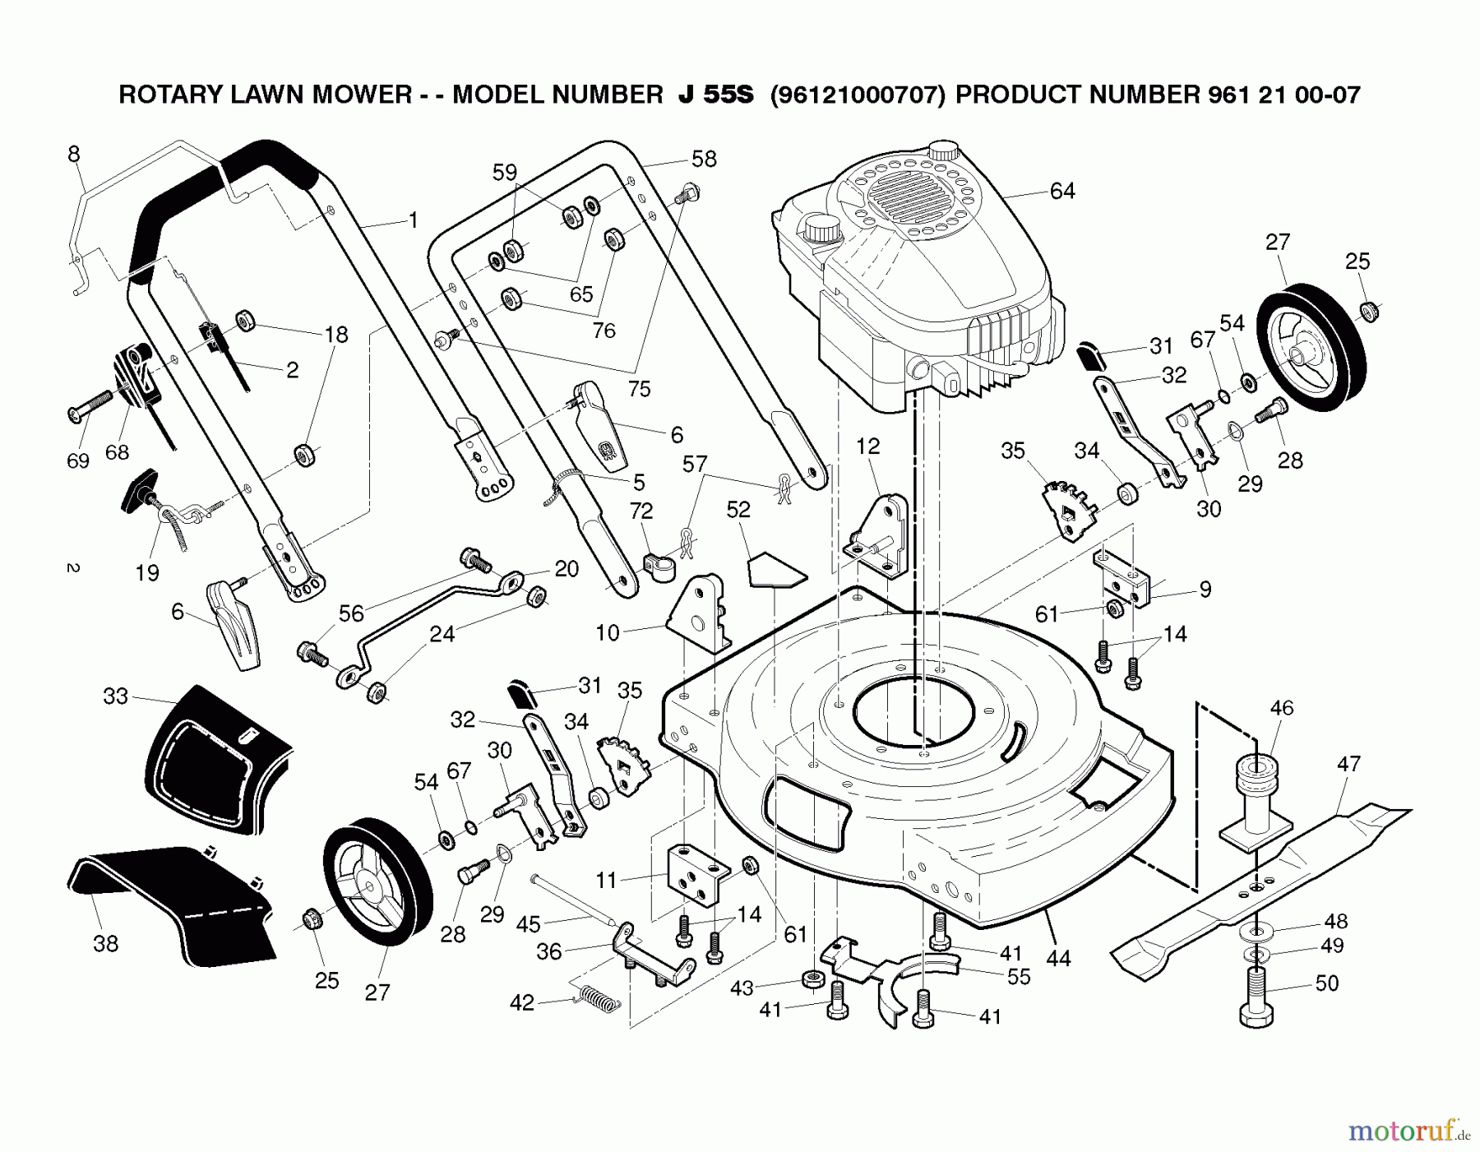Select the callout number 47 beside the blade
coord(1348,764)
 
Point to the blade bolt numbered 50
coord(1256,998)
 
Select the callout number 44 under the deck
coord(1058,958)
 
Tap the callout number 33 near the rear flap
coord(116,696)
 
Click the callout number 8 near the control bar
coord(74,154)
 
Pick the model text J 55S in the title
coord(715,95)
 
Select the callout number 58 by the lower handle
coord(704,159)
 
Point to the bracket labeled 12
coord(878,534)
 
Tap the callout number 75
coord(639,389)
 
